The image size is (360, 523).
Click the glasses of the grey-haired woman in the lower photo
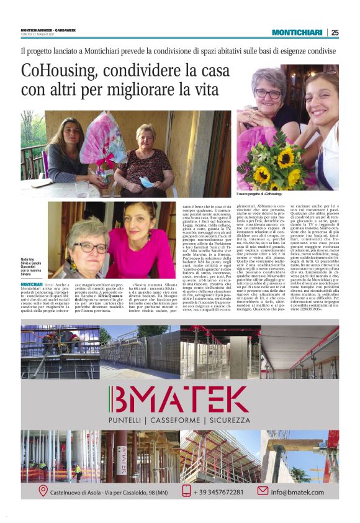(x=89, y=247)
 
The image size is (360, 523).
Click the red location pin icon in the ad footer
(x=43, y=491)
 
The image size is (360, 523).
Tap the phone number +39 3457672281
(x=221, y=492)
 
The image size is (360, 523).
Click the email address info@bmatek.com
(x=297, y=492)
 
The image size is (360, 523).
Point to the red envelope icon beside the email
(x=263, y=491)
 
